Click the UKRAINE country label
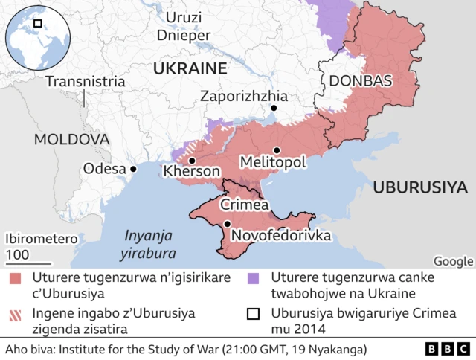pos(189,68)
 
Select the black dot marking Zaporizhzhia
pos(274,109)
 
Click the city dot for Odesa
pos(134,169)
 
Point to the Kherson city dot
pos(192,161)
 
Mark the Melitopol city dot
pos(277,150)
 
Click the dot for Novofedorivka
pos(227,224)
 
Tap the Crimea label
pos(244,205)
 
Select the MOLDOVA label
pos(71,139)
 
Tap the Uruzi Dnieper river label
pos(183,25)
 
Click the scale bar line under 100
pos(28,263)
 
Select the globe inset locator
pos(37,37)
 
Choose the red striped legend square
pos(16,313)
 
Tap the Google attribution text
pos(453,260)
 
